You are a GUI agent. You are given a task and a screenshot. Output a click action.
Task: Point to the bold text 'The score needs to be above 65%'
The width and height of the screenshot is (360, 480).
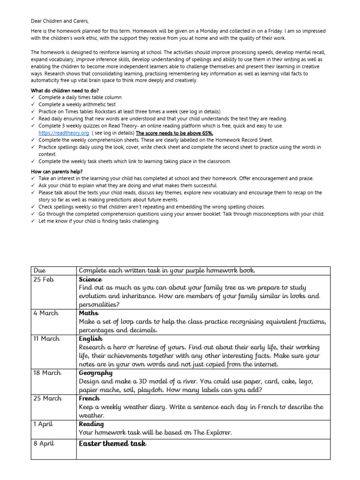pyautogui.click(x=174, y=133)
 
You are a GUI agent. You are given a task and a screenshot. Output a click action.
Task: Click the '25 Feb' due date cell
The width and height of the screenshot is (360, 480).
pyautogui.click(x=43, y=279)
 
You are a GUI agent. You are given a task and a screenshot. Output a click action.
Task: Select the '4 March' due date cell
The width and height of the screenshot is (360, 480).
pyautogui.click(x=45, y=313)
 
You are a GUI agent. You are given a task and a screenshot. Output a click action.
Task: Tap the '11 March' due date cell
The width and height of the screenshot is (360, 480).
pyautogui.click(x=47, y=339)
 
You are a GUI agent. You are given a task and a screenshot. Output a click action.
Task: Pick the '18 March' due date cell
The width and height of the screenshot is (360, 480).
pyautogui.click(x=47, y=373)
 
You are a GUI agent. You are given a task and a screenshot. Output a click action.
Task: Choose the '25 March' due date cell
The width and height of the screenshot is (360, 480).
pyautogui.click(x=47, y=398)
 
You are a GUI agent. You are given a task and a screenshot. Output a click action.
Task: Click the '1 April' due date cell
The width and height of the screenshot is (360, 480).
pyautogui.click(x=44, y=424)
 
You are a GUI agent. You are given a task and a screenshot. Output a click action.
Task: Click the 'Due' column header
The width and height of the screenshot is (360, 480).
pyautogui.click(x=40, y=270)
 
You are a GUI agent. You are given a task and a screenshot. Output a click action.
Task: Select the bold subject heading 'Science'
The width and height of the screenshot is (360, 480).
pyautogui.click(x=90, y=279)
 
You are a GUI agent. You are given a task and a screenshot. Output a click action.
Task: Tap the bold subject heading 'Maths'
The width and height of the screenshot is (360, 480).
pyautogui.click(x=89, y=313)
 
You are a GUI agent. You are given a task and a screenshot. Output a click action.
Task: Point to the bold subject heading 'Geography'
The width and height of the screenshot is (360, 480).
pyautogui.click(x=96, y=373)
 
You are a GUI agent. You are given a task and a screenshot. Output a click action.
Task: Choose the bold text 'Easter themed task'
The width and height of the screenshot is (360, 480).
pyautogui.click(x=112, y=443)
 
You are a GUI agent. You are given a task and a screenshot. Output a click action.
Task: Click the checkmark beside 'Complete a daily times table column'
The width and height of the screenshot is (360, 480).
pyautogui.click(x=33, y=97)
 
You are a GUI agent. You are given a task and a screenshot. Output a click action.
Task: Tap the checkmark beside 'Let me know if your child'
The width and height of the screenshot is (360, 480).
pyautogui.click(x=33, y=221)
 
